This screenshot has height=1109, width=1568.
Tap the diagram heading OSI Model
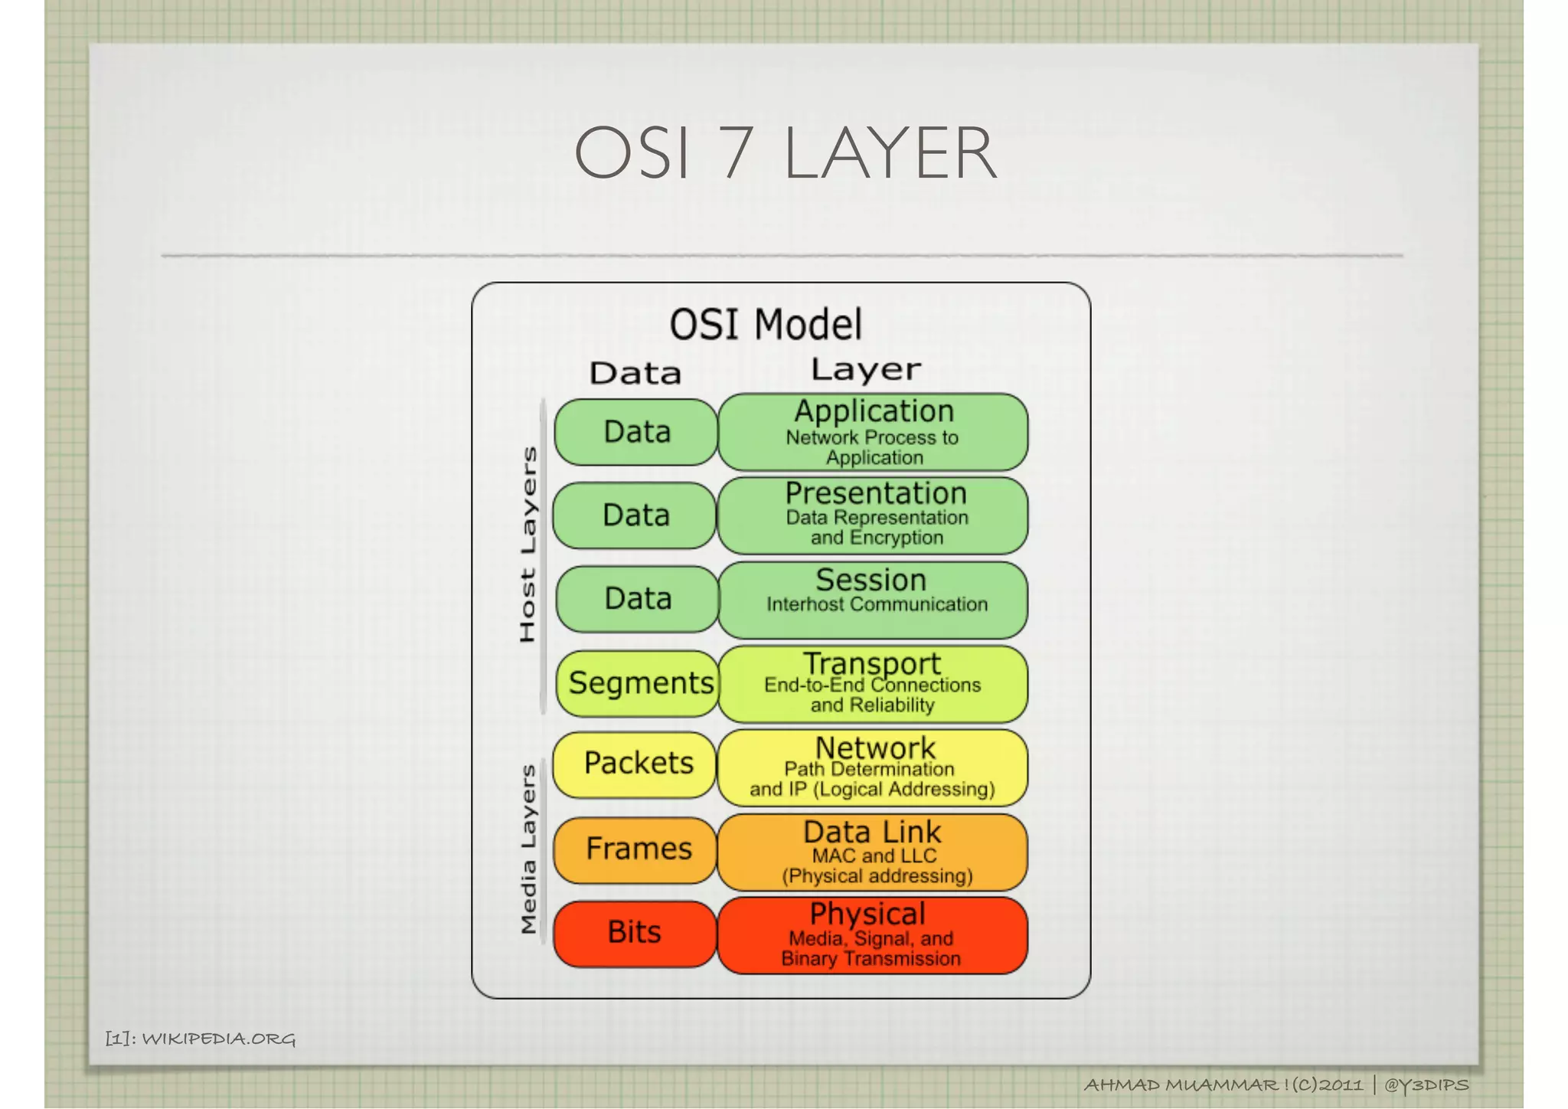click(x=766, y=324)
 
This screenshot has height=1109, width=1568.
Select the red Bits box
click(x=635, y=933)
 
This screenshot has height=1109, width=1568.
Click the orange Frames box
click(x=637, y=849)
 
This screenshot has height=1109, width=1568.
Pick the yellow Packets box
click(x=636, y=764)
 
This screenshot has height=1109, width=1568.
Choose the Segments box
click(x=639, y=683)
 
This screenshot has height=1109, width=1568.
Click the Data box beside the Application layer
click(x=636, y=432)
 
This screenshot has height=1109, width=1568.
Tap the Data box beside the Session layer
click(x=637, y=599)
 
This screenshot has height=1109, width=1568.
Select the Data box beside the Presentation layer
click(x=635, y=515)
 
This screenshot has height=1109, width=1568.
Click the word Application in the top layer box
click(x=874, y=411)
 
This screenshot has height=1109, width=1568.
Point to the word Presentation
click(x=876, y=493)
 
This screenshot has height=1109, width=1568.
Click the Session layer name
click(x=871, y=580)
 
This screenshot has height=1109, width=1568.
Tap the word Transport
click(x=872, y=663)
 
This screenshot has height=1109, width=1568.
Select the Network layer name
click(x=875, y=748)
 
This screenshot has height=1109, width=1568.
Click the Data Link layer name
click(x=872, y=832)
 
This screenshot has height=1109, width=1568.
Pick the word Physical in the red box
click(x=867, y=914)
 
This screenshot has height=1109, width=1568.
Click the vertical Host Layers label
click(x=528, y=545)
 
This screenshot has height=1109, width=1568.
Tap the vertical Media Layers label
click(x=528, y=850)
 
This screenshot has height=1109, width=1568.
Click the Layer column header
click(x=866, y=370)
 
